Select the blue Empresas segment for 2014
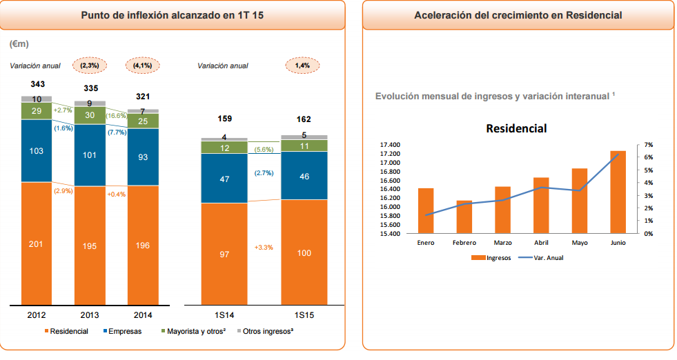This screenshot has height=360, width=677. (x=143, y=157)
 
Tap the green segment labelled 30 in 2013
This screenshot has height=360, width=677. (x=90, y=116)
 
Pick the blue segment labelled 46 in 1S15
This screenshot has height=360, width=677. (x=304, y=176)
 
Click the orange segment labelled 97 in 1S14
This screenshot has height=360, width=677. (x=224, y=254)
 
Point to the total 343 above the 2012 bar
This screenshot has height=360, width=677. (x=37, y=84)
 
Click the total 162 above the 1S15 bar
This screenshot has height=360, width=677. (x=304, y=119)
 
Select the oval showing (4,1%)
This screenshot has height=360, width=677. (x=143, y=66)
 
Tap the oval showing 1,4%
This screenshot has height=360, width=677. (x=302, y=66)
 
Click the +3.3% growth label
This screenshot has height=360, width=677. (x=264, y=247)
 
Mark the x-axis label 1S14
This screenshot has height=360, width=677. (x=224, y=315)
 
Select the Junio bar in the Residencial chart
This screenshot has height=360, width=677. (x=618, y=192)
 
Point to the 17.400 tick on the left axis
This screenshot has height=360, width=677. (x=390, y=145)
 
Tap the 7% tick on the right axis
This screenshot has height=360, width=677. (x=648, y=145)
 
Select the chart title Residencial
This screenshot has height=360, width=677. (x=516, y=128)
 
